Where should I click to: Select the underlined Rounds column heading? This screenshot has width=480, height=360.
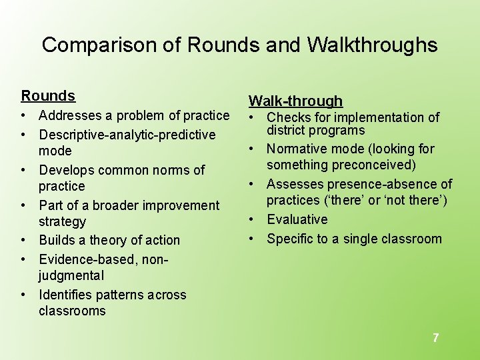(48, 96)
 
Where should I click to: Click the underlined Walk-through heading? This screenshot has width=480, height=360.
(295, 101)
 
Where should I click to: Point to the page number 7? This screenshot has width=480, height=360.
(435, 338)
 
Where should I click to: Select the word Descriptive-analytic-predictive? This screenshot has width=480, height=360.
(127, 135)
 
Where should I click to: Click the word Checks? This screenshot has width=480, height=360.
(289, 117)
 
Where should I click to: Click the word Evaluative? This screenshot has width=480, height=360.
(297, 219)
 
